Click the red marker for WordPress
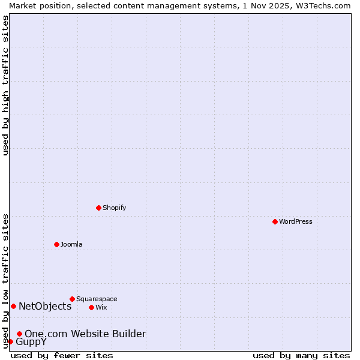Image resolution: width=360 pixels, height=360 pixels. [275, 221]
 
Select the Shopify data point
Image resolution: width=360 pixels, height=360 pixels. [98, 208]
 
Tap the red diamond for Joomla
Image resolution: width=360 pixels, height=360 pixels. [56, 244]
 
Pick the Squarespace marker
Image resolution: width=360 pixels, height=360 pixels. [72, 299]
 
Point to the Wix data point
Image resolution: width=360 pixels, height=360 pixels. [91, 307]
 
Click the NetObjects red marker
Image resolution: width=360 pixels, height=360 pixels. [13, 306]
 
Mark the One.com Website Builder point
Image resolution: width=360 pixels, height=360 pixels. [19, 334]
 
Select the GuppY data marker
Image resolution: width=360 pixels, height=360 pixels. [10, 341]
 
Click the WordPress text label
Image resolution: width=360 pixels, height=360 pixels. [296, 221]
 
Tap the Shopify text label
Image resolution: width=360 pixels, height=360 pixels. [115, 208]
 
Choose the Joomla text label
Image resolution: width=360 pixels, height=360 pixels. [71, 244]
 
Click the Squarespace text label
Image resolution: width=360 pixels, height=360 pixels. [97, 299]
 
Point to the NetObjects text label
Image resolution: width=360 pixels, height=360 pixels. [45, 306]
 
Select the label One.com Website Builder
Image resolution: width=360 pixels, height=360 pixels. [85, 334]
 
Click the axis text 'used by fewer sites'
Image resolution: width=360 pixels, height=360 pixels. [62, 355]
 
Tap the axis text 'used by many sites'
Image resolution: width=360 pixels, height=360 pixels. [301, 355]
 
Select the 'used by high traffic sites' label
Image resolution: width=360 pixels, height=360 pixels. [5, 85]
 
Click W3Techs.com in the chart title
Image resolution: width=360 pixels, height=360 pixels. [326, 5]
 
